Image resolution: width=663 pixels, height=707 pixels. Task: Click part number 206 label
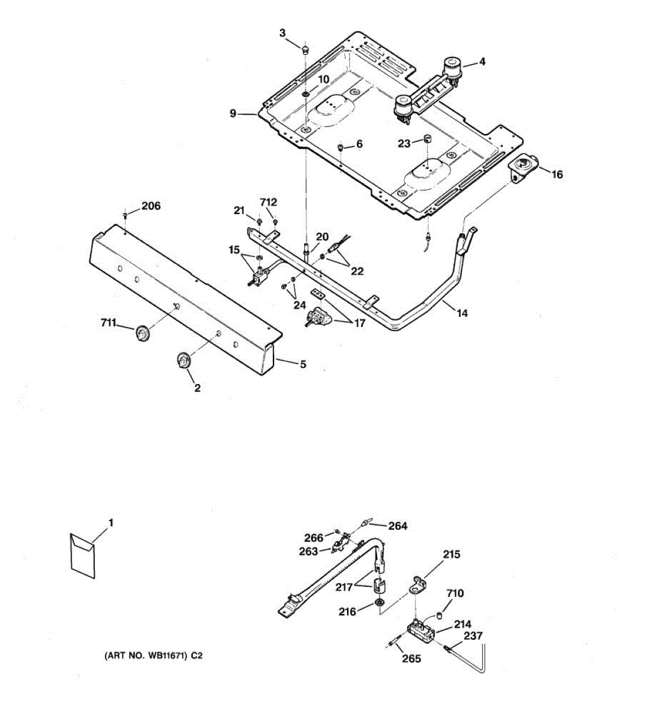point(151,206)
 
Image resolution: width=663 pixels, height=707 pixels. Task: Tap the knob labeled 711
point(141,333)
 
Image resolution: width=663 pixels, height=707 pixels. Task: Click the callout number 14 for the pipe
point(462,313)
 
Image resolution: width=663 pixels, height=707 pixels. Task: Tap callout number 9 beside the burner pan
point(233,113)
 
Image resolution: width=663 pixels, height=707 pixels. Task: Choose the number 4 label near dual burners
point(482,61)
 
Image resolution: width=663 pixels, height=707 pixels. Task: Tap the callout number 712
point(269,202)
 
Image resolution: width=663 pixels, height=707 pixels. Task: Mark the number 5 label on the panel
point(303,365)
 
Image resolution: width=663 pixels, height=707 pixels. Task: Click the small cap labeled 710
point(440,616)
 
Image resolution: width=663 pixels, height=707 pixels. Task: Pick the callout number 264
point(398,526)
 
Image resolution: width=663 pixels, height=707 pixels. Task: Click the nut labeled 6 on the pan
point(341,146)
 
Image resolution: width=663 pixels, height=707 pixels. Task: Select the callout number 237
point(473,636)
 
